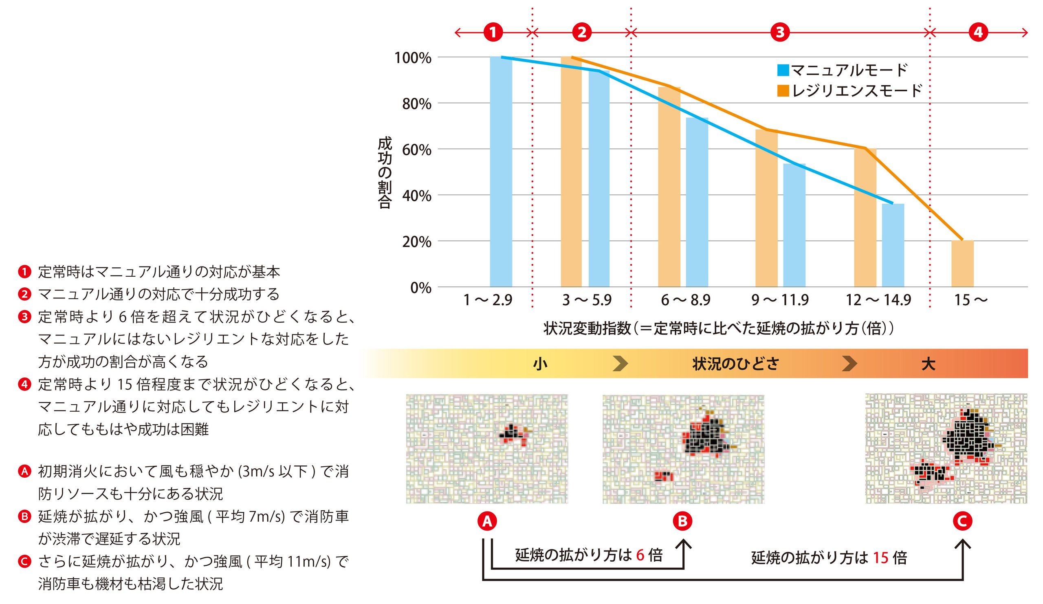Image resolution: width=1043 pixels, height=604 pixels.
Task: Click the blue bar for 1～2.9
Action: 501,172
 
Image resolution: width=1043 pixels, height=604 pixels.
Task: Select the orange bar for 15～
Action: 962,264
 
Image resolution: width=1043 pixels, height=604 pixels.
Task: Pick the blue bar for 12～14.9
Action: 893,245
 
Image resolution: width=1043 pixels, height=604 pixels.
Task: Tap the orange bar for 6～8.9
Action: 669,187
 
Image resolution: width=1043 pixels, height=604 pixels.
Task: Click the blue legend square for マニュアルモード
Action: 783,71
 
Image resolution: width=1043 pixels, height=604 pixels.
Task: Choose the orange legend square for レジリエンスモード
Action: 783,90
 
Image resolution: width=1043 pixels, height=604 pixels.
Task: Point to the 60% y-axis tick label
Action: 416,150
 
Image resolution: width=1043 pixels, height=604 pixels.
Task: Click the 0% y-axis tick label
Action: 420,288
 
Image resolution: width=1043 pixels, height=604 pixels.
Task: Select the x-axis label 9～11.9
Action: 780,300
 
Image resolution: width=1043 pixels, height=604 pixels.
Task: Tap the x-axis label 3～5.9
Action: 586,300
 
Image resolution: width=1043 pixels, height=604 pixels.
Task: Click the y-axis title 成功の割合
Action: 385,173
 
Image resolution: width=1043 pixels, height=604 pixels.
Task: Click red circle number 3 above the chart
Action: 780,32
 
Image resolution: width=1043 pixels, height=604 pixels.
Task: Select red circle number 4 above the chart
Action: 978,32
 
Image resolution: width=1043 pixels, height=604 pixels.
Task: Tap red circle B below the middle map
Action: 682,521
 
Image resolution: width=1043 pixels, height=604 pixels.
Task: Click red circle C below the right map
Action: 962,521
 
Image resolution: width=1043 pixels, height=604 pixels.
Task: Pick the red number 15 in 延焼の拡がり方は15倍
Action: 881,558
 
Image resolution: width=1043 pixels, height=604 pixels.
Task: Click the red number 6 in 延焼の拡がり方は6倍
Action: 640,555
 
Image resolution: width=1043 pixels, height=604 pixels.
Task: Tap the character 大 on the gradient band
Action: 929,364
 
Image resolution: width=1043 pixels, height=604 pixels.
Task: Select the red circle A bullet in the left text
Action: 24,471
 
